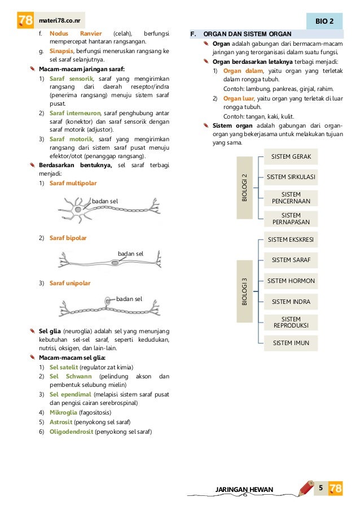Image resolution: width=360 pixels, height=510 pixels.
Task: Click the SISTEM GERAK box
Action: point(291,156)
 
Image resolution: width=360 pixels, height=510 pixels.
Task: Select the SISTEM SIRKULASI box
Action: point(291,177)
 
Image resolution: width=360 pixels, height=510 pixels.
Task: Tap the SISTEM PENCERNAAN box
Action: point(291,198)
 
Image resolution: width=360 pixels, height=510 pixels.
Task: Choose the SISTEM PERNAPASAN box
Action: point(291,219)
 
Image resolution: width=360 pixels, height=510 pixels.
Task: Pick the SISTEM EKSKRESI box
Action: point(291,239)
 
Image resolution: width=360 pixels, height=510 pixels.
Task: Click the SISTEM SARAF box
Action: point(291,260)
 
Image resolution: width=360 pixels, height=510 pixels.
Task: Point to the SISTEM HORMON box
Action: point(291,281)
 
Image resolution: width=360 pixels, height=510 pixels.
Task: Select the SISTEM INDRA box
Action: point(291,302)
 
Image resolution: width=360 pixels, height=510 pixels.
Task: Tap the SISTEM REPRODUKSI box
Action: point(291,322)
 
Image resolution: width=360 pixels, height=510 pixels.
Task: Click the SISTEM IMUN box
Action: point(291,343)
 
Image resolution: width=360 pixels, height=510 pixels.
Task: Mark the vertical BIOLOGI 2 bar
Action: point(244,188)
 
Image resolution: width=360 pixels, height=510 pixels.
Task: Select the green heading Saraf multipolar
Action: point(73,184)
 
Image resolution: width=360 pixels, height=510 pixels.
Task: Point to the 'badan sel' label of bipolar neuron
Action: point(130,254)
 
